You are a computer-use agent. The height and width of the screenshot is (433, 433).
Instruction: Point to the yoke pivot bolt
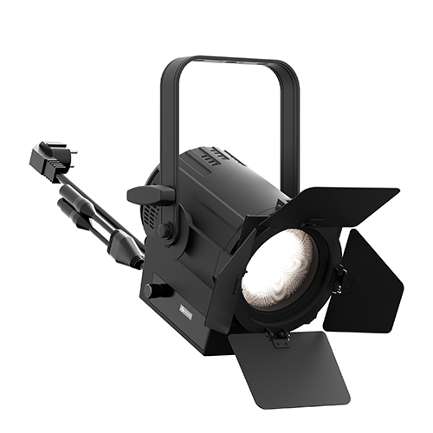165,230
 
